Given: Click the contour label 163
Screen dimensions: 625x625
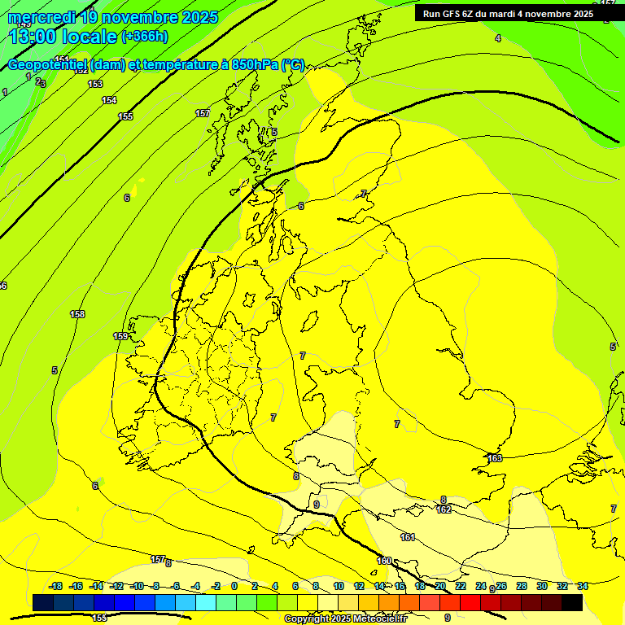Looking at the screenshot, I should (495, 458).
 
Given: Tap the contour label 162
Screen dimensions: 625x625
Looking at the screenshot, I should (444, 509).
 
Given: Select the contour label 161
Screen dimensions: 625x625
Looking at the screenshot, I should (408, 537).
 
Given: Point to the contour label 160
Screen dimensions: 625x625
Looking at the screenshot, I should (384, 560).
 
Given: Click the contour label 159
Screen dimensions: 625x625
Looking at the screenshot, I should (120, 336).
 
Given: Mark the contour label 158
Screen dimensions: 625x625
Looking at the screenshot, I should (77, 314).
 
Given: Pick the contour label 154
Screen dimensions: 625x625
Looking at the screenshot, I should (109, 100).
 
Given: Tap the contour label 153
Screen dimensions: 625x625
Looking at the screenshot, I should (95, 84).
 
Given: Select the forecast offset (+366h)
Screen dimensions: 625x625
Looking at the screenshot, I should (145, 36).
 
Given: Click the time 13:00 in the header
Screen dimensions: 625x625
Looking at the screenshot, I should (33, 37).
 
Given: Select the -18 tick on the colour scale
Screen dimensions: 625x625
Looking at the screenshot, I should (56, 586).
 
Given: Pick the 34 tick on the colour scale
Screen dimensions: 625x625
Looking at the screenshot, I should (583, 586).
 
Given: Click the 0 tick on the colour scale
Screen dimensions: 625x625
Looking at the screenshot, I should (234, 586).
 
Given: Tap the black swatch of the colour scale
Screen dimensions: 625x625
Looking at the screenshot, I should (572, 602).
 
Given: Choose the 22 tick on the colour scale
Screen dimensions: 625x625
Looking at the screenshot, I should (461, 586).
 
